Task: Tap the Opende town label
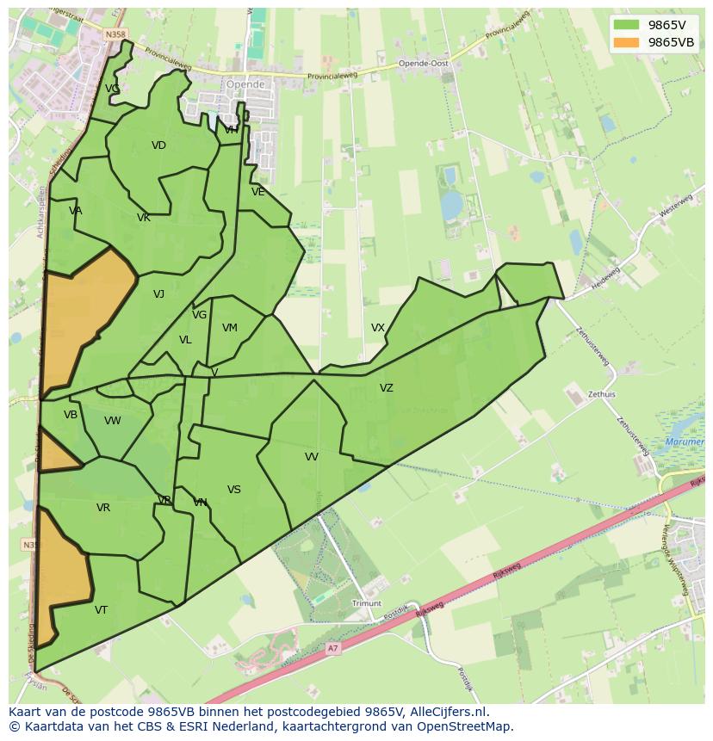(x=245, y=84)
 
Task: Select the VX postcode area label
(x=378, y=328)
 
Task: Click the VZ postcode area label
(x=387, y=388)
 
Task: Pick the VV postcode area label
(x=312, y=457)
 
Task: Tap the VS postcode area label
(x=234, y=490)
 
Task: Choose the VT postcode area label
(x=102, y=610)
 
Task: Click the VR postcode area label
(x=103, y=508)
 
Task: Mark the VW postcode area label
(x=113, y=421)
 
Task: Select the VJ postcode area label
(x=158, y=294)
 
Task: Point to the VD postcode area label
(x=158, y=145)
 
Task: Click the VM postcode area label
(x=230, y=328)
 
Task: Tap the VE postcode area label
(x=258, y=192)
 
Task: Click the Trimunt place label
(x=367, y=604)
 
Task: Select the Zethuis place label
(x=602, y=395)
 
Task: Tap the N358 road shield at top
(x=115, y=34)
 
